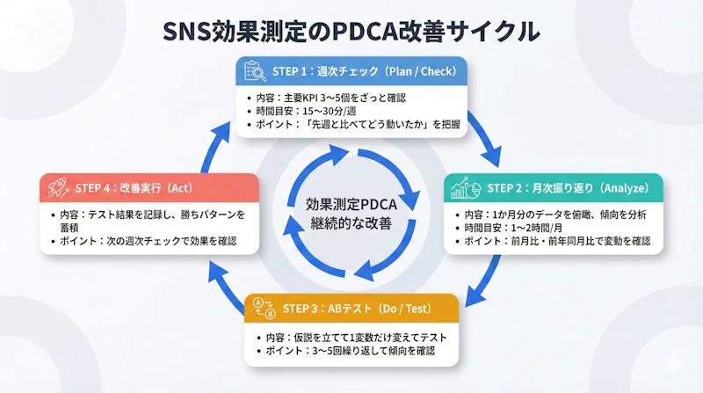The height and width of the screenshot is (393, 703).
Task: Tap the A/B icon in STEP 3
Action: tap(264, 309)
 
